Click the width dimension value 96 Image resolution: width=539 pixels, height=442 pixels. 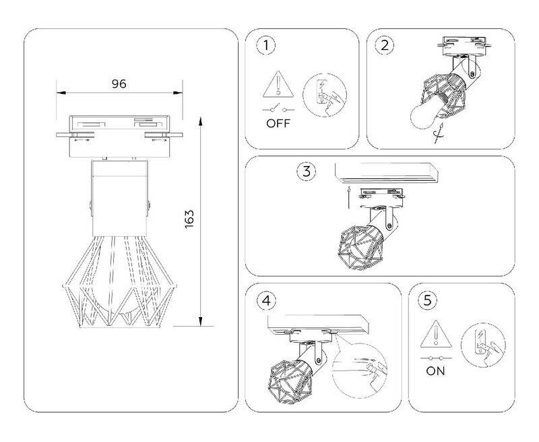click(x=119, y=84)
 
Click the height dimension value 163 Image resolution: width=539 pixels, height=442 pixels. click(x=189, y=219)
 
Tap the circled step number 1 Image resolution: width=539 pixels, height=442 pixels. click(x=265, y=45)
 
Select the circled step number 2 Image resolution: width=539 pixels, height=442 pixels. click(x=385, y=45)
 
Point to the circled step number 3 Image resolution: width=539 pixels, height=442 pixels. click(x=307, y=171)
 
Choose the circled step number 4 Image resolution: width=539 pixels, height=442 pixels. click(x=266, y=301)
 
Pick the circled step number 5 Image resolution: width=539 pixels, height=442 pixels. click(x=427, y=300)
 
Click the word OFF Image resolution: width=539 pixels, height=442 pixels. click(x=278, y=123)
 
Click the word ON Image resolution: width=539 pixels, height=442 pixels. click(x=435, y=371)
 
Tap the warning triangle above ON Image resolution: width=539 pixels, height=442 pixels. click(x=436, y=334)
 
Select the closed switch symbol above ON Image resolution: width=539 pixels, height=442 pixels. click(x=436, y=358)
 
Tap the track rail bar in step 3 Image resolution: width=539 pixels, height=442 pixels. click(x=386, y=173)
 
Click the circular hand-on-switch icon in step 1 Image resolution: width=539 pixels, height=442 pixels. click(x=325, y=95)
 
